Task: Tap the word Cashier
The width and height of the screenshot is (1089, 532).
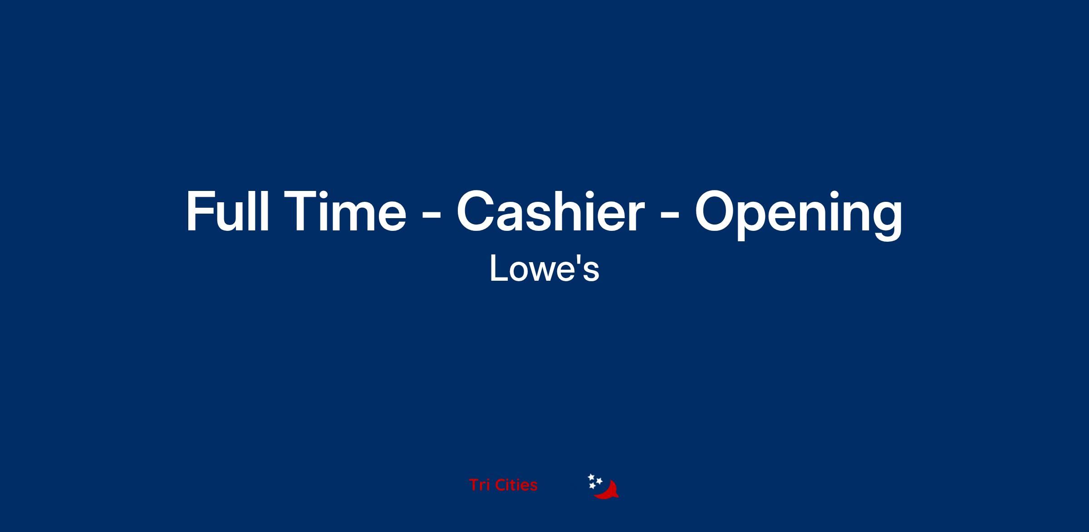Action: pyautogui.click(x=550, y=210)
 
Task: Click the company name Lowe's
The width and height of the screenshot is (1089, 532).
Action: pyautogui.click(x=544, y=268)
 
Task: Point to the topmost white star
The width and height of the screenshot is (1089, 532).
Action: pyautogui.click(x=591, y=477)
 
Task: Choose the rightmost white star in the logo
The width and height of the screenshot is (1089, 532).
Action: pyautogui.click(x=599, y=481)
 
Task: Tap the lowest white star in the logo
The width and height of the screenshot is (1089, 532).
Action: pyautogui.click(x=592, y=486)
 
